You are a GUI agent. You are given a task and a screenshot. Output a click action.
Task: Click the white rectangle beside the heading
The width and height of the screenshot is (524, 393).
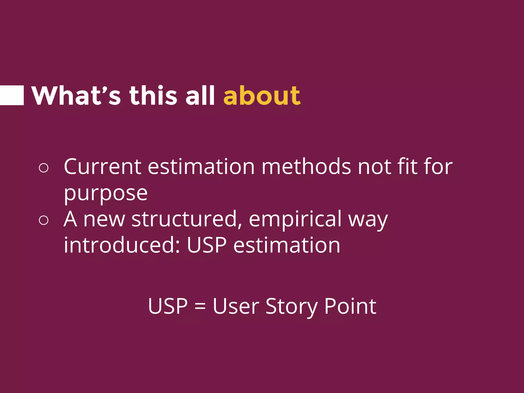coord(12,95)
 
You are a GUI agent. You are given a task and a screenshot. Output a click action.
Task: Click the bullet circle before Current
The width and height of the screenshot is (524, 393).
coord(44,168)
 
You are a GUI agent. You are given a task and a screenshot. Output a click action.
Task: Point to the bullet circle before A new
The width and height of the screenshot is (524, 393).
coord(44,220)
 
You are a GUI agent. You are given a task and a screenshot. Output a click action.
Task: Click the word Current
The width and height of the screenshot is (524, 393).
coord(102,167)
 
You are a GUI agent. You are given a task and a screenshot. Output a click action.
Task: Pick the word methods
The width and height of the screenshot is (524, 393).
coord(306,167)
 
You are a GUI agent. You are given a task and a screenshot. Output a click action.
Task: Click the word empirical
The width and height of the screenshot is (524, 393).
coord(295,220)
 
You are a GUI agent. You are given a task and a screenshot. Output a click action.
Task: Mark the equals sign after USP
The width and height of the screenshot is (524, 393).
coord(200,306)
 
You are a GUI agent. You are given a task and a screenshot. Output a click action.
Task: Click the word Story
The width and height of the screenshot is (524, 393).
coord(291,307)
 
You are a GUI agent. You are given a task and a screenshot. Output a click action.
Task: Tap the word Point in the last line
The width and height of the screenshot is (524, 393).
coord(350,306)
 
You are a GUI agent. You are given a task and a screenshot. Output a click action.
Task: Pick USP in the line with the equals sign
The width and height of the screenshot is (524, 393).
coord(168,306)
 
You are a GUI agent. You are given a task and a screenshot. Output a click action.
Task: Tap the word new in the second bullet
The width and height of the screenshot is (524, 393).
coord(104,220)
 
